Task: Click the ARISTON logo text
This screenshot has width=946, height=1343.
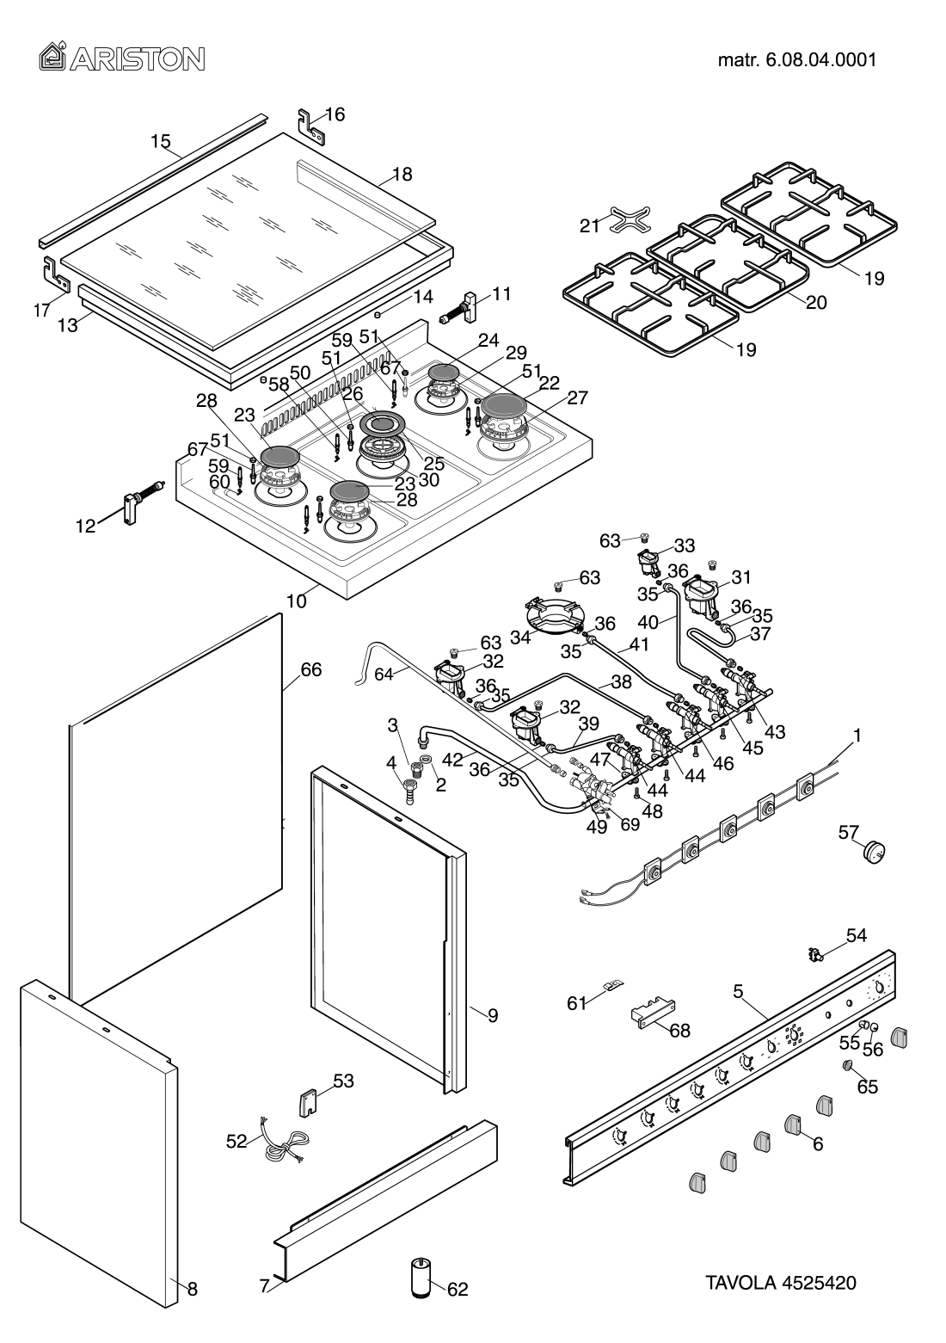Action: pyautogui.click(x=121, y=59)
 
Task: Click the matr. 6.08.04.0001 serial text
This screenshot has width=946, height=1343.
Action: pyautogui.click(x=797, y=60)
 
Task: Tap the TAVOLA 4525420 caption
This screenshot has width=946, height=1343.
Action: pyautogui.click(x=781, y=1283)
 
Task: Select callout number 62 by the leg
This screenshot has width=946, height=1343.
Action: pyautogui.click(x=458, y=1289)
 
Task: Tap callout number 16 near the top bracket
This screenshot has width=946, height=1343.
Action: pyautogui.click(x=335, y=114)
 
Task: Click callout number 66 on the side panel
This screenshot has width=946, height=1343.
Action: pyautogui.click(x=310, y=669)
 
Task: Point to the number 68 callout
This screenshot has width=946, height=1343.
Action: pyautogui.click(x=679, y=1030)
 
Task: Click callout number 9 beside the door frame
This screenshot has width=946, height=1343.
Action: pyautogui.click(x=493, y=1016)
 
